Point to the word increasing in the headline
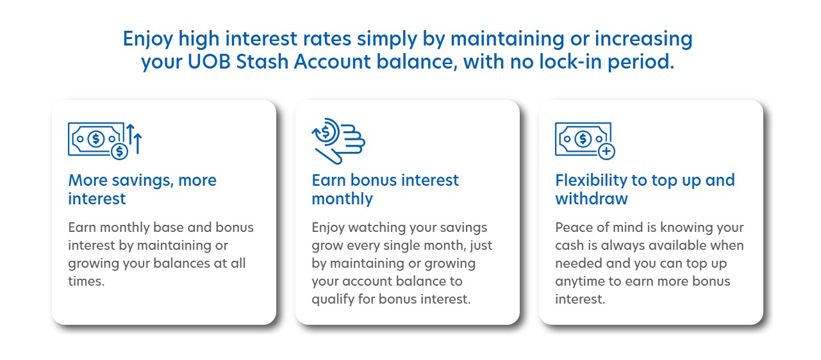point(643,38)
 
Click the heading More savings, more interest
point(142,189)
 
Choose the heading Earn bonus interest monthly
point(385,189)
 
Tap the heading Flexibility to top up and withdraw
point(645,189)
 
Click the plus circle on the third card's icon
point(606,151)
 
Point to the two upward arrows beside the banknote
point(133,137)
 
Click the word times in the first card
point(86,281)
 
